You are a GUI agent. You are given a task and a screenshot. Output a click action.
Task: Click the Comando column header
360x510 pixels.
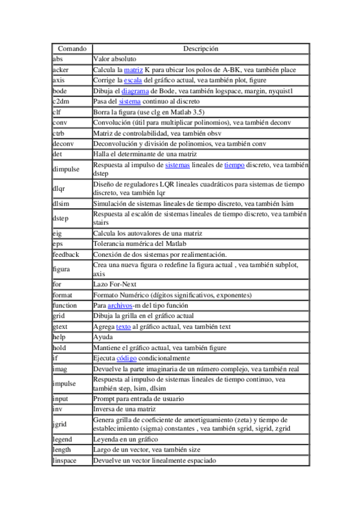click(x=72, y=48)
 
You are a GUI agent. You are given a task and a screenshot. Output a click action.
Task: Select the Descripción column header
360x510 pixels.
click(x=200, y=48)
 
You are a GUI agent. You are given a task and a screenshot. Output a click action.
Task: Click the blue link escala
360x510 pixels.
click(x=132, y=80)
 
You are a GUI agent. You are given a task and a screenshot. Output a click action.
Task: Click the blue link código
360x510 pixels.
click(x=126, y=358)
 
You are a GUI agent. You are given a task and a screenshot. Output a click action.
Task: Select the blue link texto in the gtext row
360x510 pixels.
click(x=123, y=327)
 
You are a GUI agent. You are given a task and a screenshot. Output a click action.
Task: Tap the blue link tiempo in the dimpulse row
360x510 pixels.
click(x=234, y=165)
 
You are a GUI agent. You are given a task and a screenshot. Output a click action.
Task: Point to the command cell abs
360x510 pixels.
click(x=58, y=59)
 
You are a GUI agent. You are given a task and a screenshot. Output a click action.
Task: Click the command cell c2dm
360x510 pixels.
click(x=61, y=101)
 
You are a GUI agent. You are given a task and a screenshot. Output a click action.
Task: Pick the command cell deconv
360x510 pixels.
click(x=63, y=144)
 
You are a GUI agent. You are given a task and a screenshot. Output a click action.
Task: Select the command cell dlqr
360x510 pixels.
click(x=59, y=188)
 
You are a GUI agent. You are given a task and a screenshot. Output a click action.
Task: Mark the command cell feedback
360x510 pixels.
click(x=66, y=254)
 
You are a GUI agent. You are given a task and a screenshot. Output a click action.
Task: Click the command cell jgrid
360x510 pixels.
click(x=59, y=424)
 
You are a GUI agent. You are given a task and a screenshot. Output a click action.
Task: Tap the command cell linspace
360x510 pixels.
click(x=65, y=460)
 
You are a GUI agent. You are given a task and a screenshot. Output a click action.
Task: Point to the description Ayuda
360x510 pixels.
click(x=103, y=337)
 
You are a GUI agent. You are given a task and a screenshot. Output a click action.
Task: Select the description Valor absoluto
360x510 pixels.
click(x=115, y=59)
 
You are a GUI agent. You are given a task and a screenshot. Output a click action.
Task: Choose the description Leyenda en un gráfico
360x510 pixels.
click(x=126, y=439)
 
